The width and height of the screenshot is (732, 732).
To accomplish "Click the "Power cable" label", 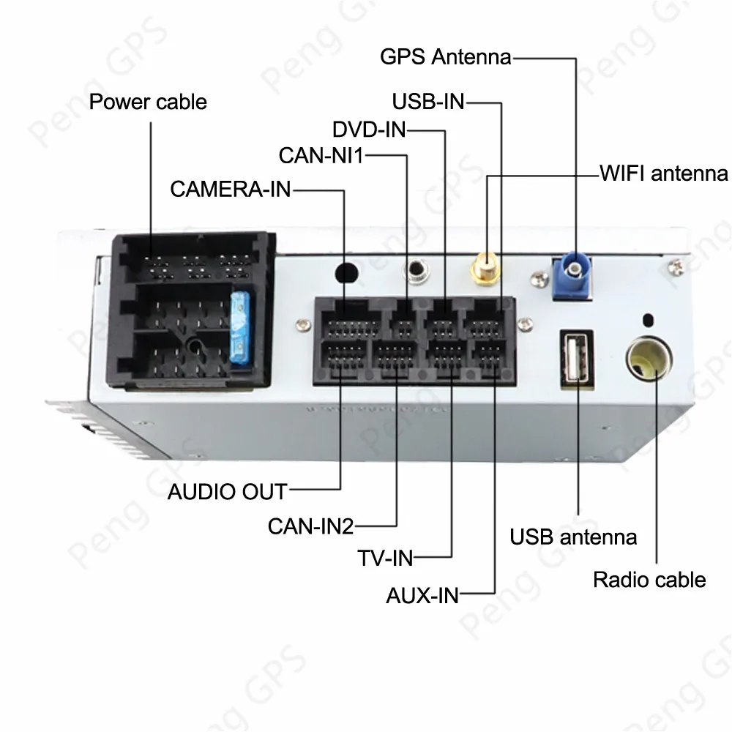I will tap(148, 102).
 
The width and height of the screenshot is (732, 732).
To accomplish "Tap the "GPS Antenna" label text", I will tap(445, 56).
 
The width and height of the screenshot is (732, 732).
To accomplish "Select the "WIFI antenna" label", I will tap(664, 173).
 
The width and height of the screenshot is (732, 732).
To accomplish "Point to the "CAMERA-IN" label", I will tap(231, 190).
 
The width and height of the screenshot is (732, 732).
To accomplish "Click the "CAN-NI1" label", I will tap(321, 155).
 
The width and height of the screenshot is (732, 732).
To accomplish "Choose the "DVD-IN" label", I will tap(368, 130).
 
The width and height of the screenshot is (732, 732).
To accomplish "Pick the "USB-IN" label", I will tap(428, 101).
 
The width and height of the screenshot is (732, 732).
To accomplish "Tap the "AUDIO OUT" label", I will tap(228, 490).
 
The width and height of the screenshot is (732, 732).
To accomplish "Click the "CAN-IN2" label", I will tap(311, 526).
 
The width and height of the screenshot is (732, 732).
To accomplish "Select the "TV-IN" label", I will tap(386, 559).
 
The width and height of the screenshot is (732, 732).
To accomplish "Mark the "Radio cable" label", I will tap(649, 580).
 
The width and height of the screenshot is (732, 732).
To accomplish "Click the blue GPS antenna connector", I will tap(575, 274).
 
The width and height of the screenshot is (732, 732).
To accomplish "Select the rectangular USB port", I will tap(578, 359).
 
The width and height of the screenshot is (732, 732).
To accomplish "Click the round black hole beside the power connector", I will tap(346, 272).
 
